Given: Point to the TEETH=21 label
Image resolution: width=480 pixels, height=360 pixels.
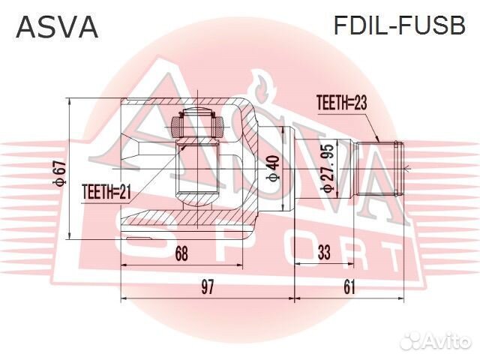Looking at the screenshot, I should (x=106, y=193).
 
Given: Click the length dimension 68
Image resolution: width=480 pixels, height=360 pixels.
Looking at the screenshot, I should (x=181, y=254).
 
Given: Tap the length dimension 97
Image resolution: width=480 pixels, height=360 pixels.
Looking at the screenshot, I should (x=208, y=286).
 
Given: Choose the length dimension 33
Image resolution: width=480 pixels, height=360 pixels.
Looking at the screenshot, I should (x=324, y=254).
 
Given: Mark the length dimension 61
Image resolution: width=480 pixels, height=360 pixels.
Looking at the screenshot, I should (x=349, y=286).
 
